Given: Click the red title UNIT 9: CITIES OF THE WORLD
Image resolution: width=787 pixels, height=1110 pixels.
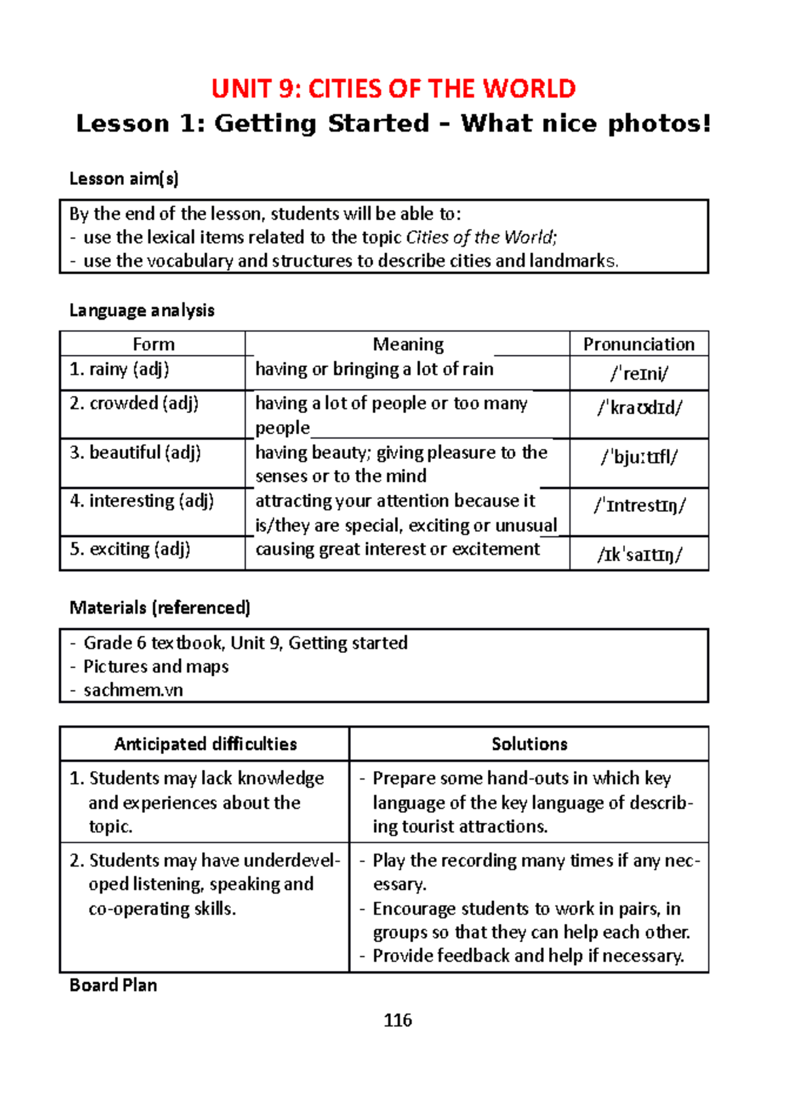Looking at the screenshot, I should [393, 89].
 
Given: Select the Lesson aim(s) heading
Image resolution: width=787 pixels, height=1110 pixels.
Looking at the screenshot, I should [124, 179].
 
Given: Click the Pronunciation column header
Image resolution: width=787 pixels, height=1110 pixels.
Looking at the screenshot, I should [639, 344].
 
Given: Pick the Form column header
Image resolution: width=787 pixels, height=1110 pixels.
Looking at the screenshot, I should [153, 344].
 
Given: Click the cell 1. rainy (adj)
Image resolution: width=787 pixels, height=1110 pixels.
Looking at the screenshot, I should [119, 370].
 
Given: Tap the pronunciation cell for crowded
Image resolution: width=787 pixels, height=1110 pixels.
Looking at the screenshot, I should [639, 408].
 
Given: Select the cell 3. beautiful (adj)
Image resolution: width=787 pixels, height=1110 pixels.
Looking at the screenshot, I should [135, 453].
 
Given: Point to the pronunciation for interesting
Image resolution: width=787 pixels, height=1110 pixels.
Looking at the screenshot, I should [639, 506].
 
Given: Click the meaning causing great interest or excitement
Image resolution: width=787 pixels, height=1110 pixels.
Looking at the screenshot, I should [397, 549].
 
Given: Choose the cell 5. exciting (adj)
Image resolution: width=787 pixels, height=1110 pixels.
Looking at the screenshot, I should [130, 549].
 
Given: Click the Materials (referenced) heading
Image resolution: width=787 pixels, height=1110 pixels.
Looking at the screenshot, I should [160, 608].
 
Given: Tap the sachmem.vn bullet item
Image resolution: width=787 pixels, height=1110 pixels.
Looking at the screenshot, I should [133, 690].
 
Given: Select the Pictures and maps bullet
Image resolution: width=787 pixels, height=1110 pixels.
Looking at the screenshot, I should [156, 667].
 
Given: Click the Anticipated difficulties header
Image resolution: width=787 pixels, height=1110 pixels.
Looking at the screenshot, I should [205, 744].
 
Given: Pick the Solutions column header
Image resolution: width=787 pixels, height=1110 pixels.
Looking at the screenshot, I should [529, 744].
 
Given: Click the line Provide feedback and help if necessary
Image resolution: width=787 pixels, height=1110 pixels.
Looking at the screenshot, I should [528, 956].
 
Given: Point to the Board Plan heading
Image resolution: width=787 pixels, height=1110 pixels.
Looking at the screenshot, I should [113, 985].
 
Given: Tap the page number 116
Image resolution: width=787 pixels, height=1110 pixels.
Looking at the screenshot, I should [397, 1020].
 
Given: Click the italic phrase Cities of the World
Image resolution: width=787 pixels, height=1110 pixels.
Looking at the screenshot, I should [481, 237].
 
